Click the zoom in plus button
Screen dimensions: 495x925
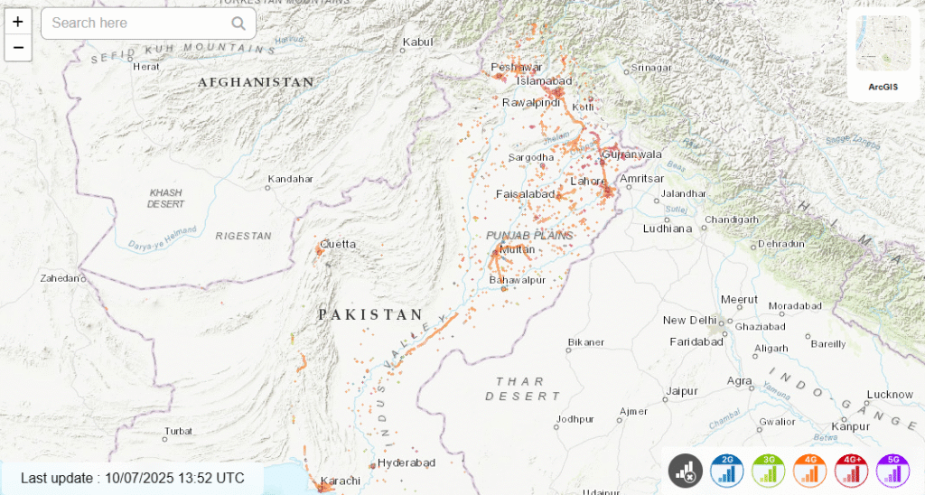(x=18, y=22)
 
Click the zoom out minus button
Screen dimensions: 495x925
(x=18, y=48)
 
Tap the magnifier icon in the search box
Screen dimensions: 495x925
(x=238, y=23)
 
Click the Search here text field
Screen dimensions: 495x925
(x=135, y=23)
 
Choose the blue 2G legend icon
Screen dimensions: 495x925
(x=727, y=471)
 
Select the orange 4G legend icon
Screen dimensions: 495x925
(x=810, y=471)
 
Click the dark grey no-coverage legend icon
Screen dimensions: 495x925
(x=686, y=471)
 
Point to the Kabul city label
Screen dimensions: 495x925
(x=418, y=42)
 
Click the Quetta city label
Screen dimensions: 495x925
(x=338, y=244)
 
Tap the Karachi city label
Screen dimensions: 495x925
(x=341, y=480)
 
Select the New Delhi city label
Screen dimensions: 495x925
(x=689, y=321)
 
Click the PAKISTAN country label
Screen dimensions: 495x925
(x=370, y=314)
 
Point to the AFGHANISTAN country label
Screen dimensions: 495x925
(x=256, y=82)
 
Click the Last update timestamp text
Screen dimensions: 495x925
(x=132, y=478)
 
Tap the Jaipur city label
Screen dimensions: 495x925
(x=682, y=391)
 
